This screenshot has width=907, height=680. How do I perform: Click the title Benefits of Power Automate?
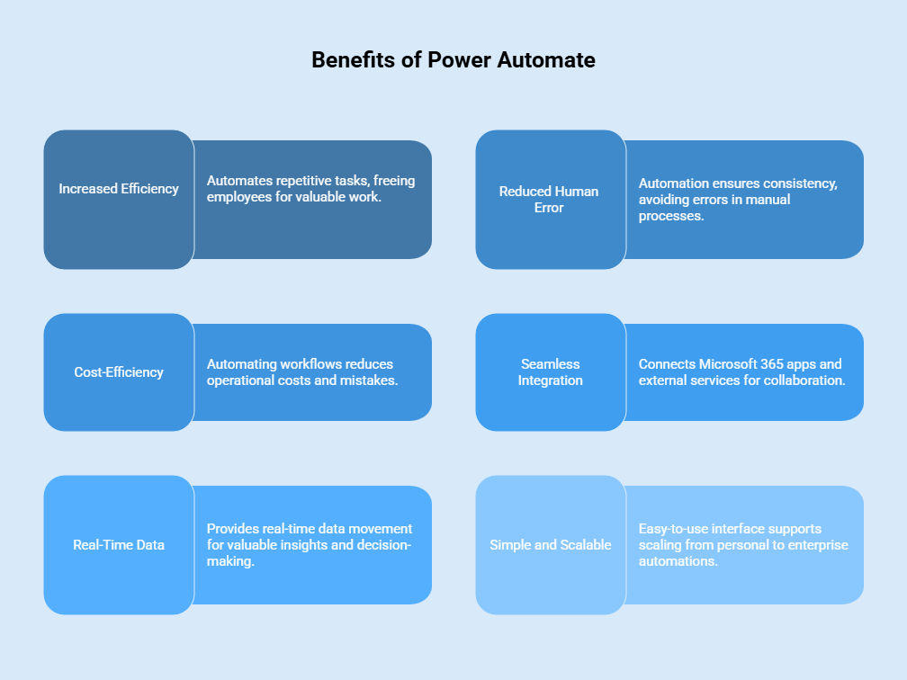click(453, 60)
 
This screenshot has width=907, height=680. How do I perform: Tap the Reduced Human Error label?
click(549, 200)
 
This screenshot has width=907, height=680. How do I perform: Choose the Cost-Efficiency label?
click(119, 372)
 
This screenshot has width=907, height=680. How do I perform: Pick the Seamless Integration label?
click(550, 372)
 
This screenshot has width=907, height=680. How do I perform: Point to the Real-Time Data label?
click(119, 545)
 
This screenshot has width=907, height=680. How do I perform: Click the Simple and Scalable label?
click(550, 545)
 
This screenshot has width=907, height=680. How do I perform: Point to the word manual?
click(768, 200)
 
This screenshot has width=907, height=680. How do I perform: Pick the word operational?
click(240, 380)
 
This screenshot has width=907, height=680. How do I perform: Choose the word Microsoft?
click(726, 364)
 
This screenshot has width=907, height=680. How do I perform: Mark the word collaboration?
click(800, 380)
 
